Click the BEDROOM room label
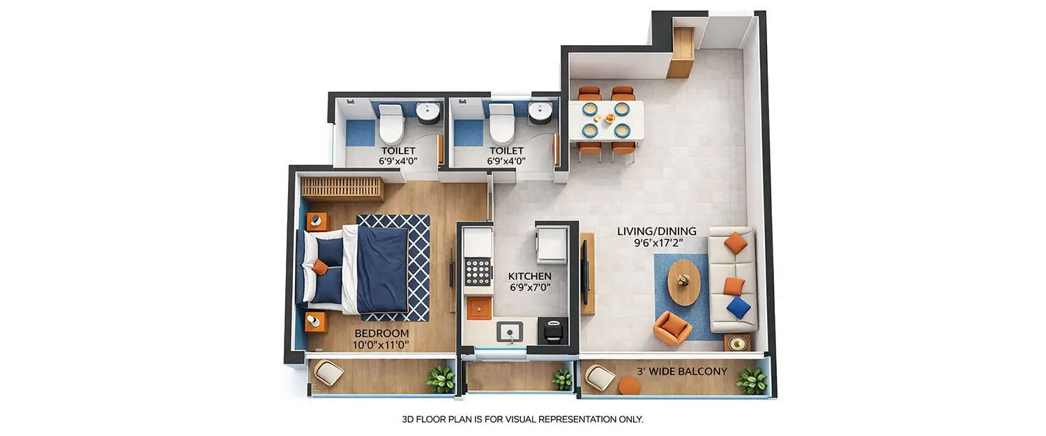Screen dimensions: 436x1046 pyautogui.click(x=381, y=333)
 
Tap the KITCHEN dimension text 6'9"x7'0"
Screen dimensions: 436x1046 pyautogui.click(x=530, y=287)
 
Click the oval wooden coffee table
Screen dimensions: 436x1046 pyautogui.click(x=683, y=282)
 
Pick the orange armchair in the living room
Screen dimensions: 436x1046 pyautogui.click(x=672, y=327)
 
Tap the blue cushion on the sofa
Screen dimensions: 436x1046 pyautogui.click(x=738, y=307)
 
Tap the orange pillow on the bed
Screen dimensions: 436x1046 pyautogui.click(x=320, y=266)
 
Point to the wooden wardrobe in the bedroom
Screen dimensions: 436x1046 pyautogui.click(x=342, y=188)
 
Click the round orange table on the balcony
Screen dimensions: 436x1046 pyautogui.click(x=629, y=385)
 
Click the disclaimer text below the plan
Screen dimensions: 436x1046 pyautogui.click(x=522, y=419)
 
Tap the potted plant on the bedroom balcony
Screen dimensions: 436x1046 pyautogui.click(x=441, y=379)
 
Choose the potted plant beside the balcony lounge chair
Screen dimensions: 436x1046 pyautogui.click(x=752, y=381)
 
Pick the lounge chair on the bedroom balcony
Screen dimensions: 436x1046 pyautogui.click(x=328, y=373)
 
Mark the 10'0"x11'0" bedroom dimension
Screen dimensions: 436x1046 pyautogui.click(x=381, y=345)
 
